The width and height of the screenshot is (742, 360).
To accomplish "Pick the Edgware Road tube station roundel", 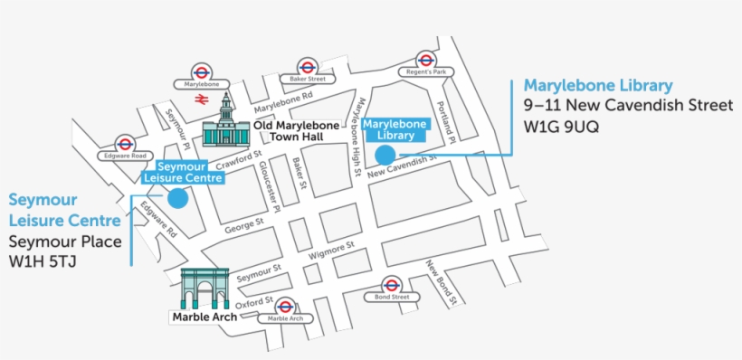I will click(x=126, y=143).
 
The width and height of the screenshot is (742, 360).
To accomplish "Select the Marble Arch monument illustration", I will click(x=204, y=289).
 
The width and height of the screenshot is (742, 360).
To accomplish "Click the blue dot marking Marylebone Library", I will click(x=386, y=155).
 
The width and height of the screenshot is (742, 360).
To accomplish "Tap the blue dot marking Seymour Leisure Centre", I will click(x=177, y=199).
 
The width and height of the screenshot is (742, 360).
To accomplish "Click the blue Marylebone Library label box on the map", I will click(x=395, y=129).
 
